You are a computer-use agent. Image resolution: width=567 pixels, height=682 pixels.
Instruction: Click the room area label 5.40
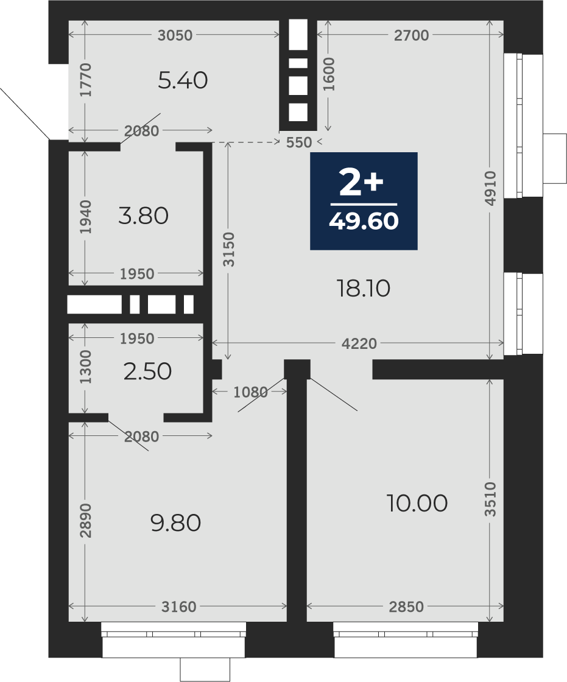click(183, 80)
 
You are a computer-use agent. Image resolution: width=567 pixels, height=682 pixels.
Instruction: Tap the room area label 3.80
click(144, 216)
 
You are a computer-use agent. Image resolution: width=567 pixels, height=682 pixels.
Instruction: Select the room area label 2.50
click(147, 371)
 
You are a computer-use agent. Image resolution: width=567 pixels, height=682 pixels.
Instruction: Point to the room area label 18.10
click(364, 289)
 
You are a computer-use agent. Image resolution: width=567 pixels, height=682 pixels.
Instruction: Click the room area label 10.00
click(417, 503)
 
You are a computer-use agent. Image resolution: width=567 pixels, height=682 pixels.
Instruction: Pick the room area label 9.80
click(176, 523)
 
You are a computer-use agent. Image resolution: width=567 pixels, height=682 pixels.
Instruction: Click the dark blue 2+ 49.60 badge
click(364, 201)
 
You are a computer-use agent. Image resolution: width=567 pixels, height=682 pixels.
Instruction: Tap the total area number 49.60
click(364, 222)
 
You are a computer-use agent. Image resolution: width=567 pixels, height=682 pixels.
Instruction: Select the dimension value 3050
click(175, 35)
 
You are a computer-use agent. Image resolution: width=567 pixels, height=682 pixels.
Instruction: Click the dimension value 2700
click(411, 35)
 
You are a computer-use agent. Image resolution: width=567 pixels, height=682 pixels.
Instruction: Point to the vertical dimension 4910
click(490, 188)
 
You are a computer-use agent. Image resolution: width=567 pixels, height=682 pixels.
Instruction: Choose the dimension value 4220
click(359, 343)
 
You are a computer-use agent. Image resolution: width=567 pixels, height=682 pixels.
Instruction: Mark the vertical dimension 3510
click(490, 499)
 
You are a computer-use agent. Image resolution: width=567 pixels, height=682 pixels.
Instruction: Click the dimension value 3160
click(179, 606)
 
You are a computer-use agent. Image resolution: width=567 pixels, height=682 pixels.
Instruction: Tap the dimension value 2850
click(406, 606)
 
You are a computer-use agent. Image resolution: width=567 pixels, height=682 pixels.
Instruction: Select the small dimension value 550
click(300, 142)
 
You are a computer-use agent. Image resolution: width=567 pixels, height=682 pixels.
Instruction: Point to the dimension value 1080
click(251, 392)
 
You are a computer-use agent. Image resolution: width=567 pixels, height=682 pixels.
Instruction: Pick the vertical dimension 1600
click(329, 74)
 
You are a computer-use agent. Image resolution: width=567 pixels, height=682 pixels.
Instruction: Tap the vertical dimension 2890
click(86, 520)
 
